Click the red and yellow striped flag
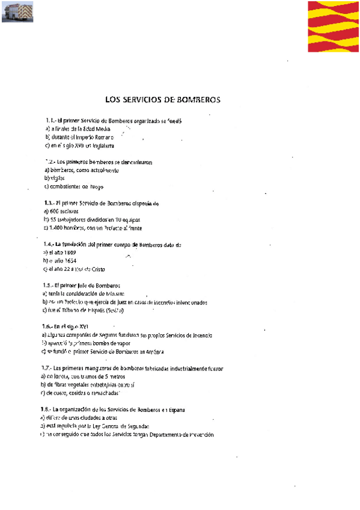pyautogui.click(x=333, y=26)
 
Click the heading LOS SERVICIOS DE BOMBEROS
pyautogui.click(x=162, y=99)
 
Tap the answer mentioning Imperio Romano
pyautogui.click(x=79, y=137)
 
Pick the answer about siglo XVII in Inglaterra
pyautogui.click(x=79, y=146)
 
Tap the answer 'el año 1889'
pyautogui.click(x=62, y=253)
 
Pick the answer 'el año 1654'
pyautogui.click(x=62, y=261)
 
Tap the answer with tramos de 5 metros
pyautogui.click(x=84, y=376)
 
